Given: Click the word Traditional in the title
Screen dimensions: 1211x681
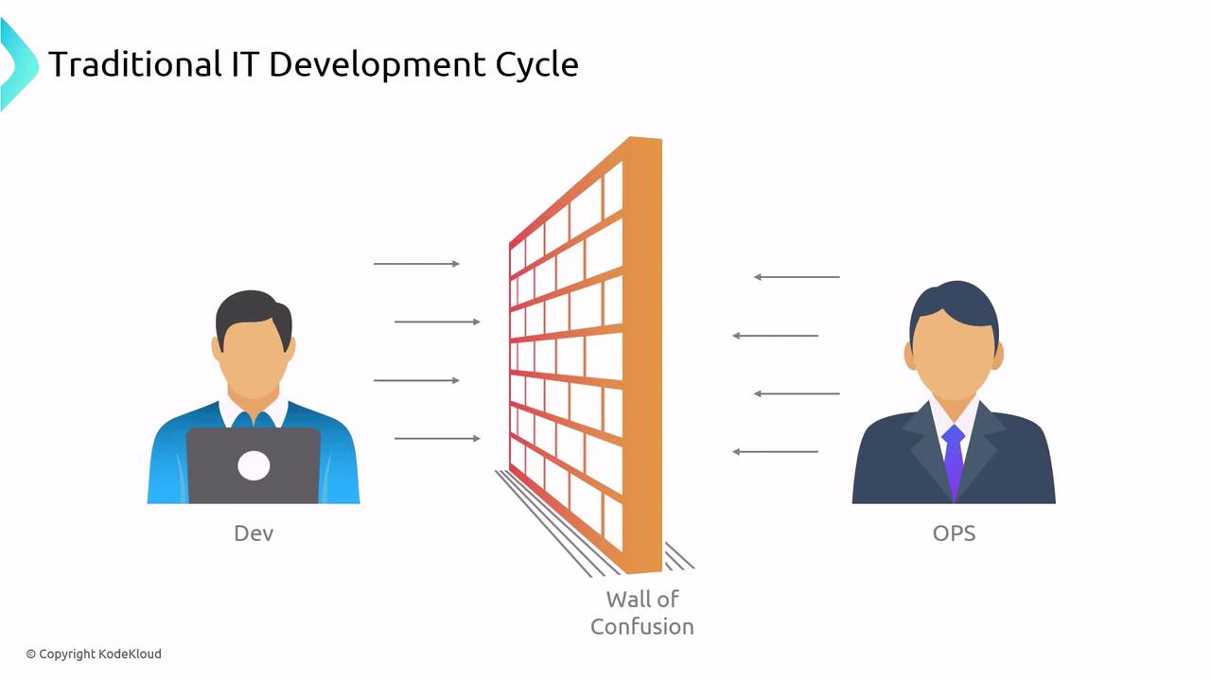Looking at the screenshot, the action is (134, 64).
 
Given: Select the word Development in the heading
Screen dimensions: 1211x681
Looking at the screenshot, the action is (377, 66).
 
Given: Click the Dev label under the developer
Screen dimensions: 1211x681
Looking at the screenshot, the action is (254, 533).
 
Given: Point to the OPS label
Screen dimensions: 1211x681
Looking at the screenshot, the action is (955, 533).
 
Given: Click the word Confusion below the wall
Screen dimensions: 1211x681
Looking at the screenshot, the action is (642, 627).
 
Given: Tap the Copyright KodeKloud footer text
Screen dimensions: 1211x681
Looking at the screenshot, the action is (94, 654).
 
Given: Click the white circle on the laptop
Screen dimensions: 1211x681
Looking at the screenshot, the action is (254, 465).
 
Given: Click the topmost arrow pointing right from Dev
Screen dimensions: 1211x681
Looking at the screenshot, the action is (416, 264).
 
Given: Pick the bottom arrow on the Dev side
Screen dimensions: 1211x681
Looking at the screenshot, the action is (437, 438).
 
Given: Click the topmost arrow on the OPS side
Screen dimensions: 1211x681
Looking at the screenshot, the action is (797, 277).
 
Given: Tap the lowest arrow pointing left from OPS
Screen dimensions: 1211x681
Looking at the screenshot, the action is (775, 451).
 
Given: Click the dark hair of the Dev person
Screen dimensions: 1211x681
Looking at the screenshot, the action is (253, 311).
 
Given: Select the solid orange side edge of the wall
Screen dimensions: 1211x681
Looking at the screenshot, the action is (642, 354).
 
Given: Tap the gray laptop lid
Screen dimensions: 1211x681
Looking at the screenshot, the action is (254, 465).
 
